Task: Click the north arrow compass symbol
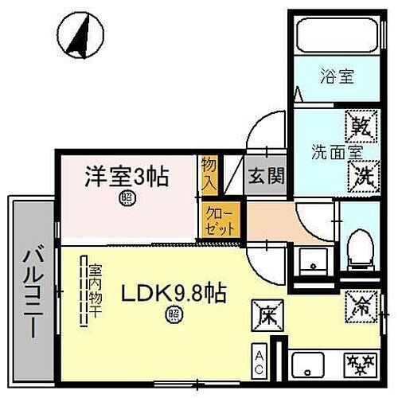79,38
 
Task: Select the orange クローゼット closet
220,219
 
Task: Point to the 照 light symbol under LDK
174,314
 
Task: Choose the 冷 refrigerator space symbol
357,304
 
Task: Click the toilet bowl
359,244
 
